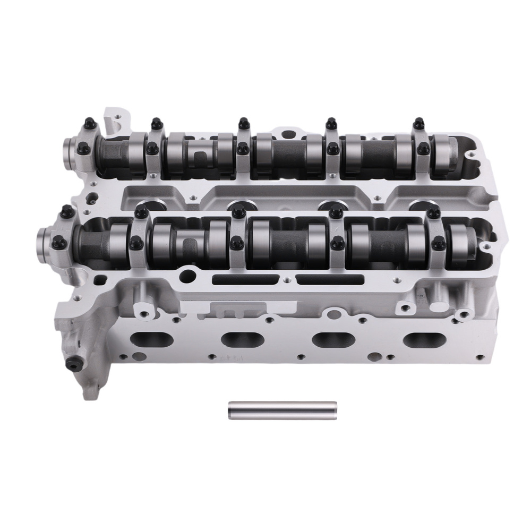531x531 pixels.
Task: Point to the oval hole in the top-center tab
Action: pyautogui.click(x=287, y=133)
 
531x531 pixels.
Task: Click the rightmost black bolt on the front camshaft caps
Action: pyautogui.click(x=438, y=244)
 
